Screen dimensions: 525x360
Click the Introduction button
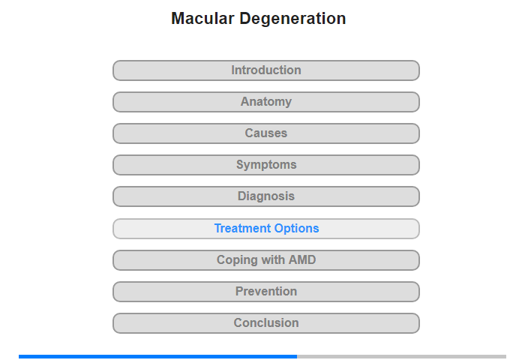[x=266, y=70]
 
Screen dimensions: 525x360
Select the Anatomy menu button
[x=266, y=102]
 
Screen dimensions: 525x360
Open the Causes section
[x=266, y=133]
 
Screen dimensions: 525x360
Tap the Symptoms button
[x=266, y=165]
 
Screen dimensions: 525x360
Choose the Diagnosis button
[x=266, y=196]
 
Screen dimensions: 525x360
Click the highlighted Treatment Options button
[x=266, y=229]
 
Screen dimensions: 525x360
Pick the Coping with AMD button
[x=266, y=259]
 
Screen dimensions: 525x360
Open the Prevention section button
[x=266, y=291]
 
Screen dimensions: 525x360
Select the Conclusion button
[x=266, y=322]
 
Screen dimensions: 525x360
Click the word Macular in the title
[x=202, y=19]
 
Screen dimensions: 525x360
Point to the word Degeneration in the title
[x=292, y=19]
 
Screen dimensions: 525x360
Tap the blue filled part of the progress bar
[x=157, y=357]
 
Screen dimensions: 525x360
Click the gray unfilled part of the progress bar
[x=401, y=357]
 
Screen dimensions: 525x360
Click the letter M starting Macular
[x=178, y=19]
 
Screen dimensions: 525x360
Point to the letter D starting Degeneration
[x=245, y=19]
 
